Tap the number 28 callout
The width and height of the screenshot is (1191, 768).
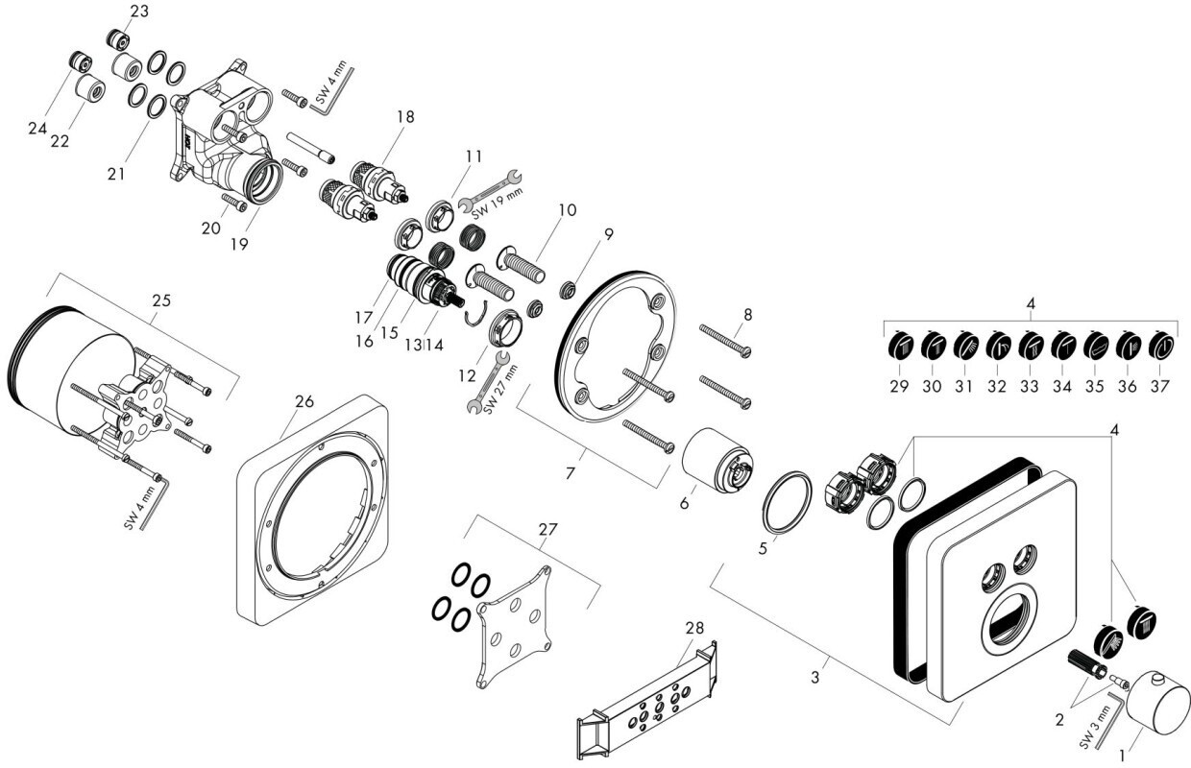click(694, 627)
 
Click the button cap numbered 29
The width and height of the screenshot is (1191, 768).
click(900, 344)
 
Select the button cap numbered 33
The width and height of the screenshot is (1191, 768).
click(1031, 344)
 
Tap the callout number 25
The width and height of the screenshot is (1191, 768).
click(160, 300)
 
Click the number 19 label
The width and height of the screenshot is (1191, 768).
click(239, 244)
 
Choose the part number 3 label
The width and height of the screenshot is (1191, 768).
click(815, 678)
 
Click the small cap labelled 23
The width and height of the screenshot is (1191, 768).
click(117, 40)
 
